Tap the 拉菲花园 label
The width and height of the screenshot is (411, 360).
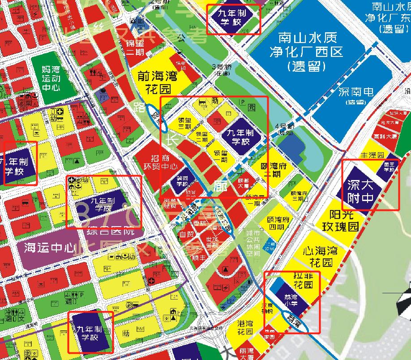coord(303,280)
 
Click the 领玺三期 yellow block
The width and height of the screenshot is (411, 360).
coord(184,124)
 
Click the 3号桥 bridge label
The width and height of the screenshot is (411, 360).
coord(220,70)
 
